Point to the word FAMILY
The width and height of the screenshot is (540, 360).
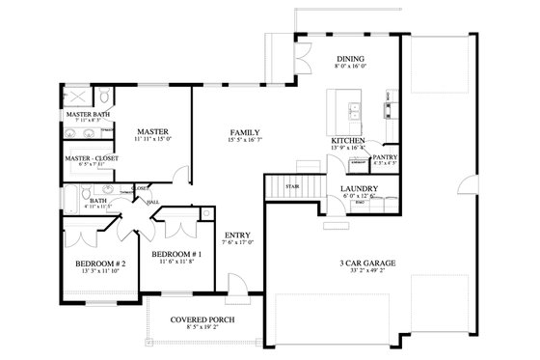243,131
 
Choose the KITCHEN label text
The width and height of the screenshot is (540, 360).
348,141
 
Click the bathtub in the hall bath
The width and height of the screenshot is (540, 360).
73,202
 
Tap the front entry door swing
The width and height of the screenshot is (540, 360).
234,285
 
